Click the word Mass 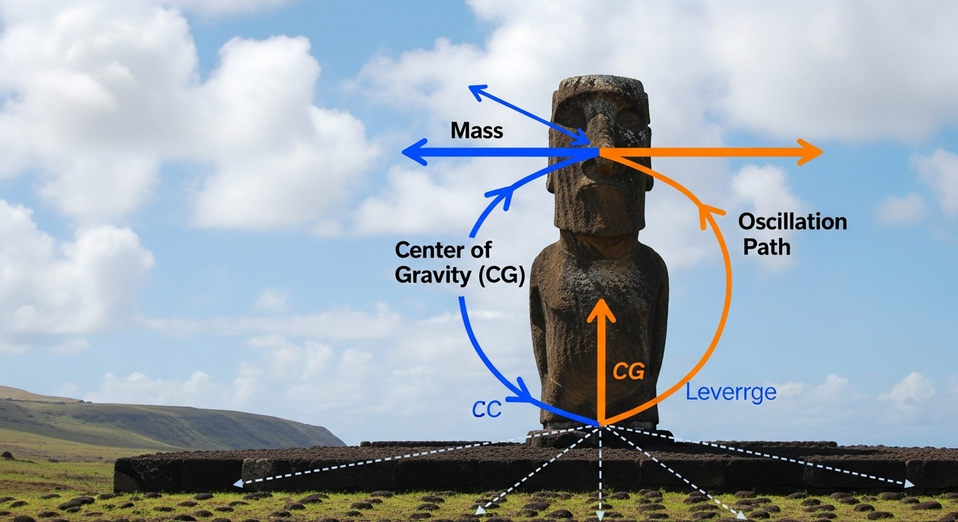tap(476, 130)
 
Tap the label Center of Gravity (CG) tap(460, 264)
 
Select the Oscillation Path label tap(793, 233)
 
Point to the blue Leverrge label tap(731, 392)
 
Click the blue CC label tap(486, 408)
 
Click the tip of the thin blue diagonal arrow tap(471, 87)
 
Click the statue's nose tap(600, 136)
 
